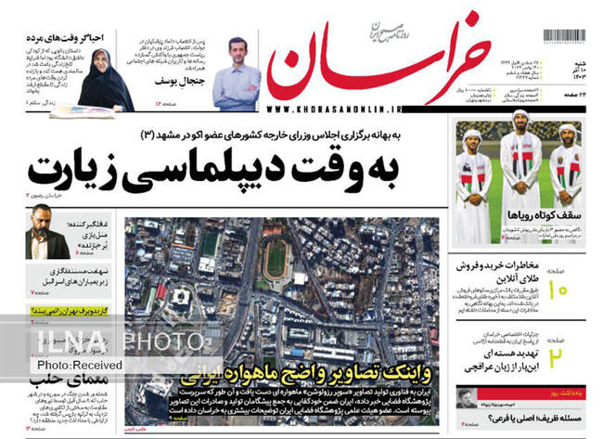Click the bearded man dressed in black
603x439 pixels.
(47, 232)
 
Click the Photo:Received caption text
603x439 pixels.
(83, 365)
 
